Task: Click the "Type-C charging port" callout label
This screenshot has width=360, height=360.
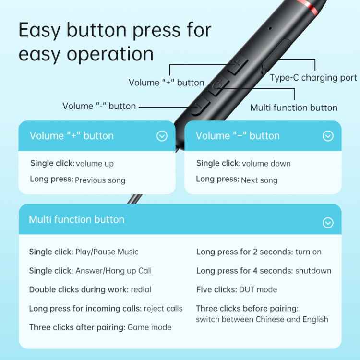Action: (x=313, y=78)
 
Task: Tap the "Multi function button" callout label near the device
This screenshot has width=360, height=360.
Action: (x=293, y=108)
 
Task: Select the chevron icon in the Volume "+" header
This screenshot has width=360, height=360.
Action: (x=162, y=136)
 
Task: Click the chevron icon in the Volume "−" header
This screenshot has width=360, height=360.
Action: (x=328, y=136)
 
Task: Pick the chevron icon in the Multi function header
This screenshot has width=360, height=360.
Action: (x=328, y=223)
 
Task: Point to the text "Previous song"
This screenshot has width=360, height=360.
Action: (x=100, y=180)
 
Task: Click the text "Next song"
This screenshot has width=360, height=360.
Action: (x=260, y=180)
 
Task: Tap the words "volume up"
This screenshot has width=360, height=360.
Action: (x=95, y=164)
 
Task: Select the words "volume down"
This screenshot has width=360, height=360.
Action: (x=266, y=164)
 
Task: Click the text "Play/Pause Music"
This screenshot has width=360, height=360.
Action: (x=107, y=252)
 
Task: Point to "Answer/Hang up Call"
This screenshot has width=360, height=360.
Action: (x=113, y=271)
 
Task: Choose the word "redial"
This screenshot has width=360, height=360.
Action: (x=141, y=289)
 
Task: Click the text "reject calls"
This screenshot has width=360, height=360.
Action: (x=163, y=308)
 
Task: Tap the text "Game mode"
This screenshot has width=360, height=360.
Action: (x=149, y=327)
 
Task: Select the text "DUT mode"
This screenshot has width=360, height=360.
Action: (x=258, y=289)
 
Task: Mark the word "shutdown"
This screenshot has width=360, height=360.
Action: (x=313, y=271)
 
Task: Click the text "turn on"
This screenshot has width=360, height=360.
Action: (x=308, y=252)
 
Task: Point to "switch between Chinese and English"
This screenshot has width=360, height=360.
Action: (x=262, y=319)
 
